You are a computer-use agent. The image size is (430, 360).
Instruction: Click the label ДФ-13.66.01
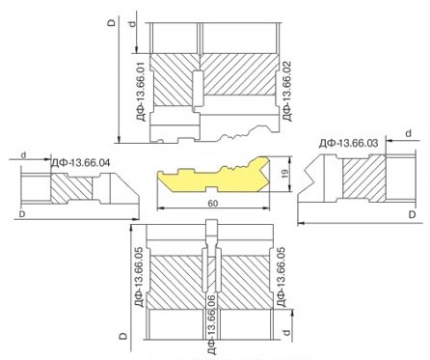coord(144,93)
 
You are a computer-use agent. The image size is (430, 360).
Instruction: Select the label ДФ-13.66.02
coord(286,91)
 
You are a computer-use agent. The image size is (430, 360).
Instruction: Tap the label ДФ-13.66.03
coord(348,143)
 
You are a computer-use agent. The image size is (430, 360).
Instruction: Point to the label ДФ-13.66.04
coord(80,163)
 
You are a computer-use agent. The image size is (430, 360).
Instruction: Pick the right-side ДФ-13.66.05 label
coord(282,277)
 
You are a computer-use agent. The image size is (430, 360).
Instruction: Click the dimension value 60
coord(213,204)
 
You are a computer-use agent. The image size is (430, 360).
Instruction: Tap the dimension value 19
coord(285,174)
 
